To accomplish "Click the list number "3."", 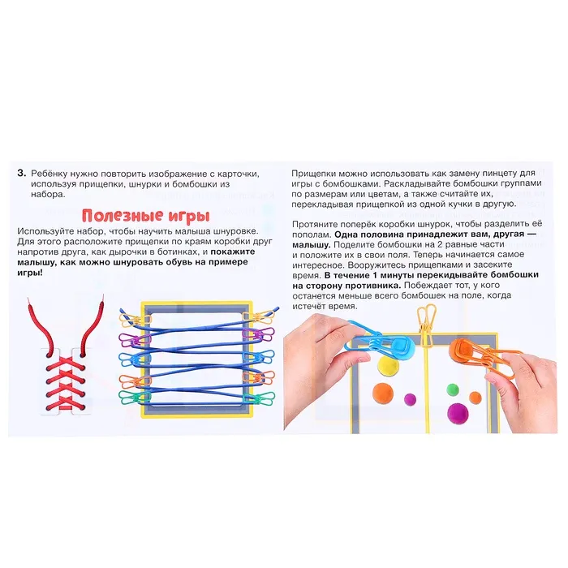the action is point(22,173).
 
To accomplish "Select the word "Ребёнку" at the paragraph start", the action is point(49,174).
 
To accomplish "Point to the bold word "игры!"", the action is point(30,273).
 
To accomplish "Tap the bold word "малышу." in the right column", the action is point(312,245).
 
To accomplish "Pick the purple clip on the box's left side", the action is point(135,340).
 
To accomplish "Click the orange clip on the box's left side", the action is point(135,381).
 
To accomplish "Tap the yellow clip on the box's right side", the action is point(257,318).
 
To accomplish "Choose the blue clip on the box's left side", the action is point(135,359).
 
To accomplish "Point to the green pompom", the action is point(453,389).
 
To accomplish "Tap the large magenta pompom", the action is point(458,413).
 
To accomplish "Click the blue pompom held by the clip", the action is point(402,348).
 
